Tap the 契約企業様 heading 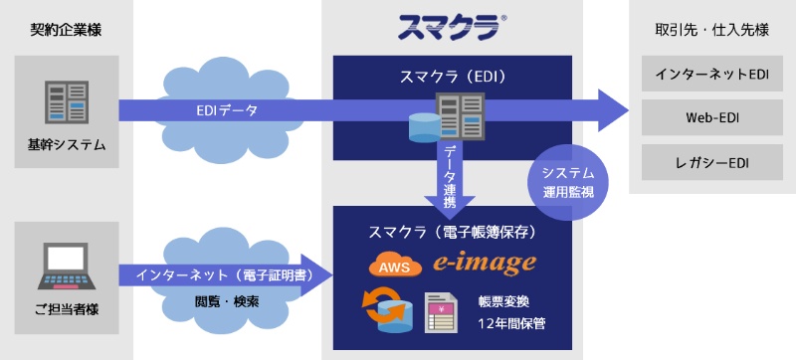click(66, 29)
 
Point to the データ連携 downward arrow click(450, 174)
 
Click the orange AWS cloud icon click(390, 266)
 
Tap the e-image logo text click(485, 264)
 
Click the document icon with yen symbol click(440, 313)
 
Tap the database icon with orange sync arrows click(390, 311)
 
